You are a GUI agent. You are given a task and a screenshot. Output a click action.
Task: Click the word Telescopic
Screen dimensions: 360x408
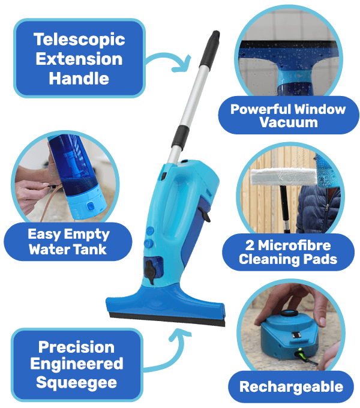(79, 40)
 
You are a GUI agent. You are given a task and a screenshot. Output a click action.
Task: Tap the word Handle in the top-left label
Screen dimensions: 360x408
(79, 79)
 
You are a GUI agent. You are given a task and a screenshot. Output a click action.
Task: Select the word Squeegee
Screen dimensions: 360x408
(76, 383)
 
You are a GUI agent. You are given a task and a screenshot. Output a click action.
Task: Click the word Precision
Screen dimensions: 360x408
(76, 347)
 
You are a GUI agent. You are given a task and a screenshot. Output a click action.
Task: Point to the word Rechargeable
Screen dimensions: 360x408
(292, 387)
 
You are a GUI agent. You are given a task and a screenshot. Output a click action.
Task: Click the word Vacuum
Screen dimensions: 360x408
(289, 122)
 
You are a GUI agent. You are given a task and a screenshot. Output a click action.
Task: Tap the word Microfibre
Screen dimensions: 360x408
(294, 245)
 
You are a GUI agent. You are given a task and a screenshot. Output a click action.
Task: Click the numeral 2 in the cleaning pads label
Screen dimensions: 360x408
(250, 245)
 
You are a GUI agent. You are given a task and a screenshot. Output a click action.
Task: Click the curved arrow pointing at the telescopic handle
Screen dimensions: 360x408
(166, 56)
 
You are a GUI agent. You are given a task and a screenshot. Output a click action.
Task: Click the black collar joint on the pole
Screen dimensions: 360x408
(180, 137)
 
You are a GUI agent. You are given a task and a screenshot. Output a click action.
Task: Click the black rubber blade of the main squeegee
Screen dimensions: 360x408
(167, 320)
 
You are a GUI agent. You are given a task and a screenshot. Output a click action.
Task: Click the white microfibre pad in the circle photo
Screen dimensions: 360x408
(284, 176)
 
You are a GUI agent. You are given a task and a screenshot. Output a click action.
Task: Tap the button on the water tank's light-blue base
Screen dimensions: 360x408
(90, 206)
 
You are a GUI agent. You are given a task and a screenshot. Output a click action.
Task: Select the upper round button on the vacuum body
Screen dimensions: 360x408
(150, 230)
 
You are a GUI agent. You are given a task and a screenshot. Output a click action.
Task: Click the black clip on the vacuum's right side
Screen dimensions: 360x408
(205, 214)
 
